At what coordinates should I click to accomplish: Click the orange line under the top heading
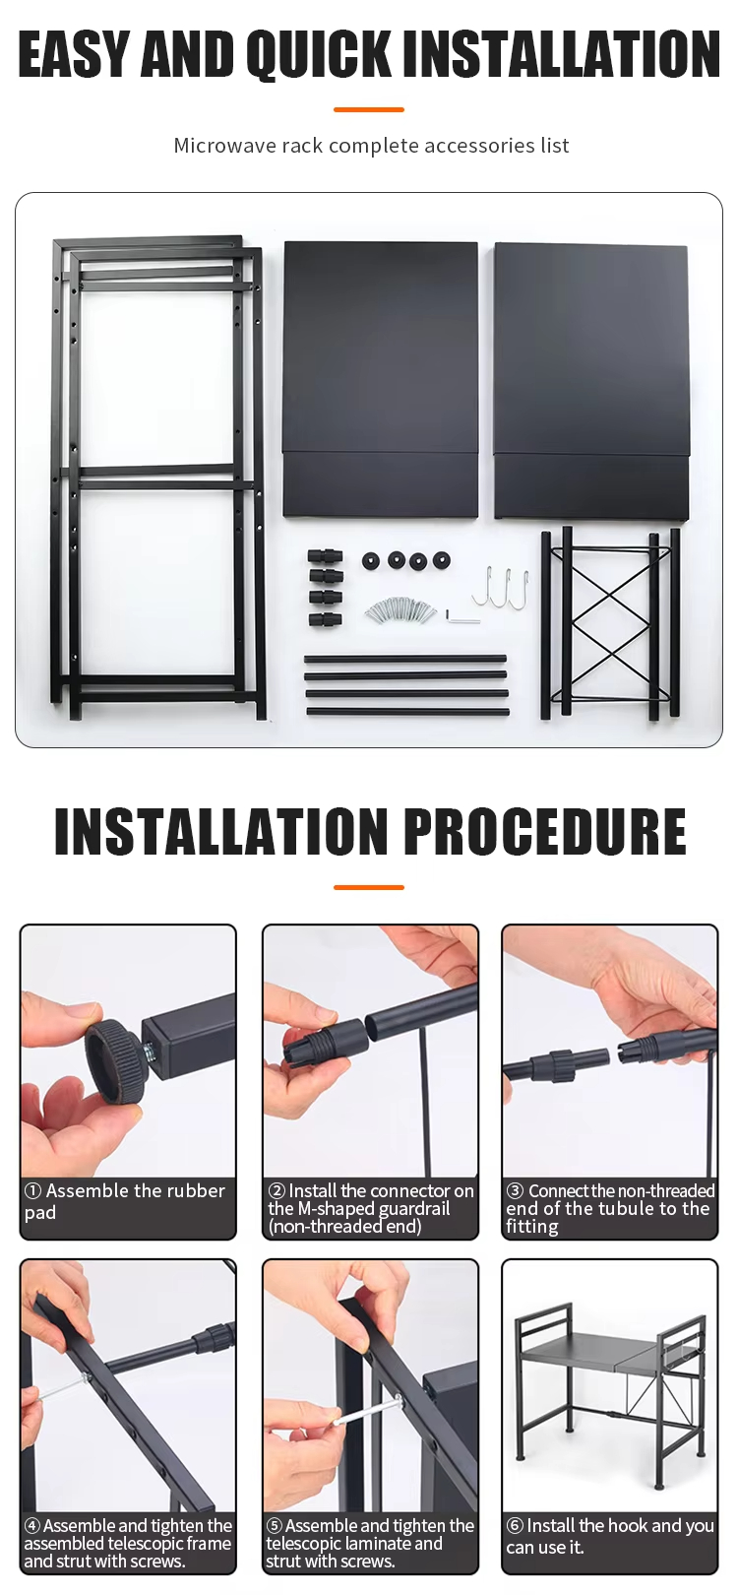pyautogui.click(x=369, y=109)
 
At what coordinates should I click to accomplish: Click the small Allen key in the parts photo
pyautogui.click(x=461, y=616)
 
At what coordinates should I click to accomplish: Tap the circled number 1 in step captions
pyautogui.click(x=32, y=1191)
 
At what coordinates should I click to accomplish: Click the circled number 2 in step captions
pyautogui.click(x=277, y=1190)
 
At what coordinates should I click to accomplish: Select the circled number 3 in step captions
pyautogui.click(x=516, y=1190)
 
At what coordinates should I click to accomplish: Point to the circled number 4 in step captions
pyautogui.click(x=32, y=1526)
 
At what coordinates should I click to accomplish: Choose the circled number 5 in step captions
pyautogui.click(x=275, y=1526)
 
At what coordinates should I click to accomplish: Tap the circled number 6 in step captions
pyautogui.click(x=515, y=1526)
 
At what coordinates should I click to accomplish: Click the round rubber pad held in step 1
pyautogui.click(x=114, y=1054)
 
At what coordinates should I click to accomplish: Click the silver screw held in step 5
pyautogui.click(x=366, y=1414)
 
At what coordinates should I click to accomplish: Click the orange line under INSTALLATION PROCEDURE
pyautogui.click(x=369, y=888)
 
